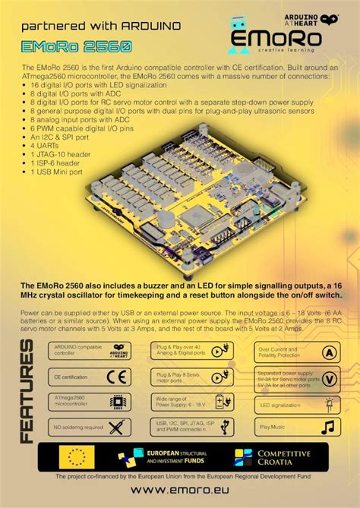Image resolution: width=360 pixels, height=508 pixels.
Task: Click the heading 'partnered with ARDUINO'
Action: pos(100,25)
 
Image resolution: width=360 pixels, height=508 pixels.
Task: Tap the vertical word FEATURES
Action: pos(27,391)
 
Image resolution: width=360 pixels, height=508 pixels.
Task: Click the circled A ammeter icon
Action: pos(329,352)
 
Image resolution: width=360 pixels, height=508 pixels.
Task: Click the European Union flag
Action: pos(76,456)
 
